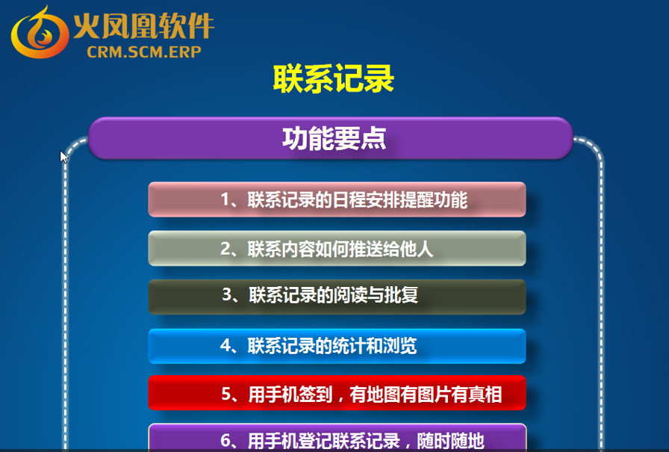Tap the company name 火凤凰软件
click(x=144, y=26)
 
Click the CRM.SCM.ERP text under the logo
click(x=144, y=52)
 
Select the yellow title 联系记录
click(x=334, y=79)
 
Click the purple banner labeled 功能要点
click(x=331, y=138)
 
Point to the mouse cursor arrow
click(x=63, y=157)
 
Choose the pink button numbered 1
click(x=337, y=199)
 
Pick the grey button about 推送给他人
click(x=337, y=248)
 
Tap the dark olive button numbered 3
click(x=337, y=297)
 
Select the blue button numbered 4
click(x=337, y=346)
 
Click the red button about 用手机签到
click(x=337, y=393)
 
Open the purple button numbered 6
click(x=337, y=438)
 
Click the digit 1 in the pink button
click(x=225, y=199)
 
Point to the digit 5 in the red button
click(x=226, y=394)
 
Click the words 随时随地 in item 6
click(x=450, y=441)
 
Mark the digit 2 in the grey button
click(x=225, y=249)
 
